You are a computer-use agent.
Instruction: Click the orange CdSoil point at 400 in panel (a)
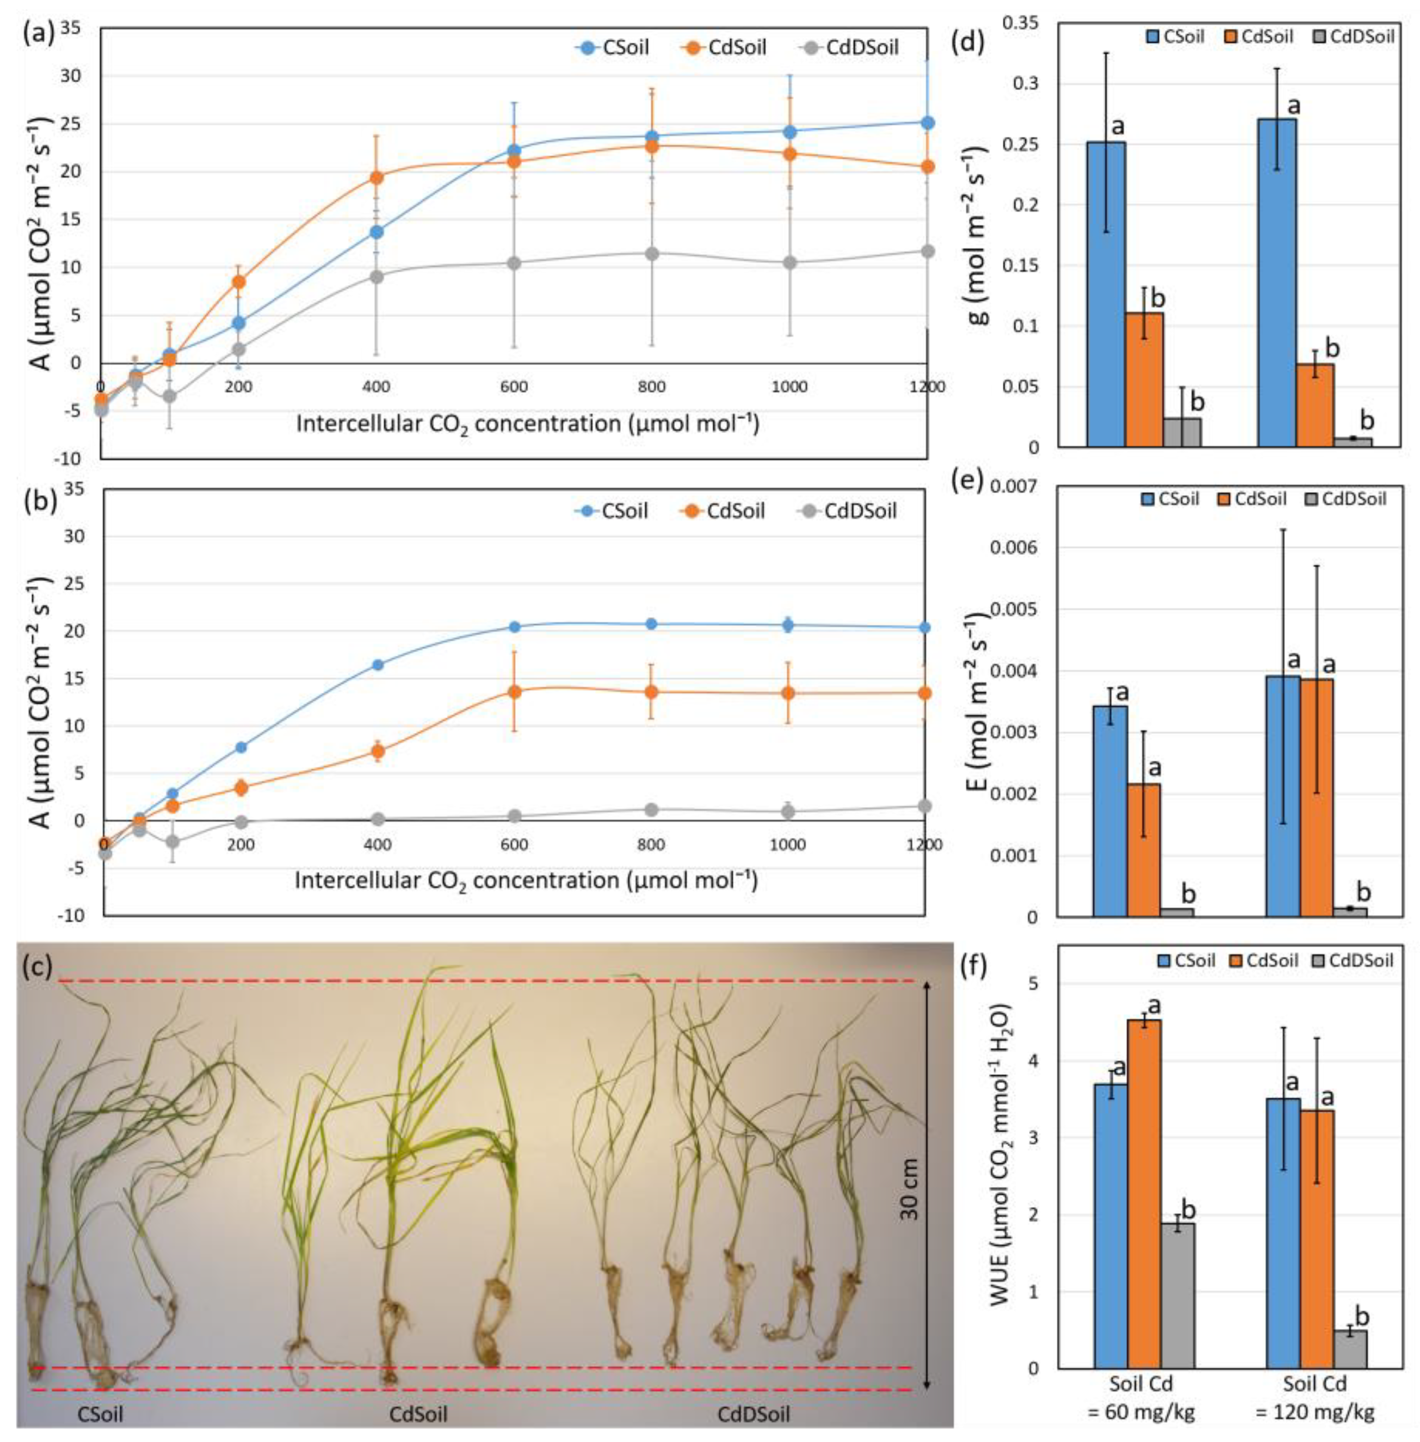coord(377,177)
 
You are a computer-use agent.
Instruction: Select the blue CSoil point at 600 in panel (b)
coord(514,627)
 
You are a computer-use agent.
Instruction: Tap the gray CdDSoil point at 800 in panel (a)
coord(652,254)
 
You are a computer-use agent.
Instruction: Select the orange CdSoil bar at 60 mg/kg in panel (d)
coord(1144,380)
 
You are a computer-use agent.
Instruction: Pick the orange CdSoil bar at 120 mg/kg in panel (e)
coord(1317,797)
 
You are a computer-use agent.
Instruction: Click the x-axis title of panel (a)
coord(528,424)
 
